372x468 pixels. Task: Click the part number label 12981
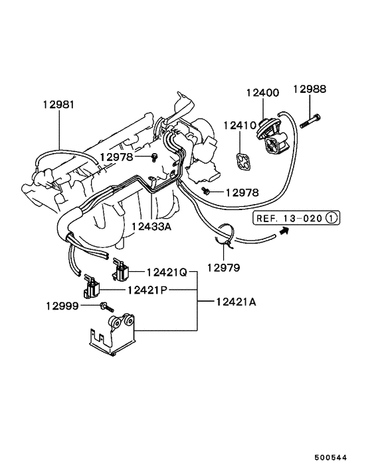point(58,105)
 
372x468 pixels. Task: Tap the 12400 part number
point(262,93)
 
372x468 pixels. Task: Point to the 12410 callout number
point(238,125)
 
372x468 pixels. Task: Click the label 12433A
point(151,227)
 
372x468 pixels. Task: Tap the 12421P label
point(143,290)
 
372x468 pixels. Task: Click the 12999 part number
point(62,306)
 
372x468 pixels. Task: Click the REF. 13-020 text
point(290,217)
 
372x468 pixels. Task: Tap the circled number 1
point(332,217)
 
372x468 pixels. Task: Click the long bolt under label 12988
point(310,121)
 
